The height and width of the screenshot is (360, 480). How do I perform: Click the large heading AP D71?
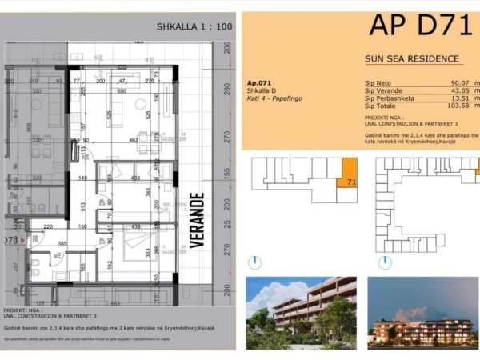[420, 26]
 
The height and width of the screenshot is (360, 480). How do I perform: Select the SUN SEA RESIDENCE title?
[412, 58]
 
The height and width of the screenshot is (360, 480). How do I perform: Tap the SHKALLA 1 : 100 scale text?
[195, 26]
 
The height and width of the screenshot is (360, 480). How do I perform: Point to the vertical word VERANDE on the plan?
[197, 218]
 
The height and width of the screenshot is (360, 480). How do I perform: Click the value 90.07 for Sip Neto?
[462, 83]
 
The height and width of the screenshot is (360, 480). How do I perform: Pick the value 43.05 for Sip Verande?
[462, 91]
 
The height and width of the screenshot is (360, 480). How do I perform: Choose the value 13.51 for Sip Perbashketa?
[462, 98]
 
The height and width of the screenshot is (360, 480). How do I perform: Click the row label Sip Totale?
[381, 106]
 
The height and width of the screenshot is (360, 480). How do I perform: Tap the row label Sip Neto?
[378, 83]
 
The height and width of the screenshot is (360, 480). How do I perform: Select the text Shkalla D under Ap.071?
[261, 91]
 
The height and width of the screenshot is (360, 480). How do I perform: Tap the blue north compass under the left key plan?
[254, 262]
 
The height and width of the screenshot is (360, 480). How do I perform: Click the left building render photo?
[301, 310]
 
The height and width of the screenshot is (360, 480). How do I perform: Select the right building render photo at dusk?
[422, 310]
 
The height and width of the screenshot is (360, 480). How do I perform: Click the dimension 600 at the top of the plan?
[122, 90]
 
